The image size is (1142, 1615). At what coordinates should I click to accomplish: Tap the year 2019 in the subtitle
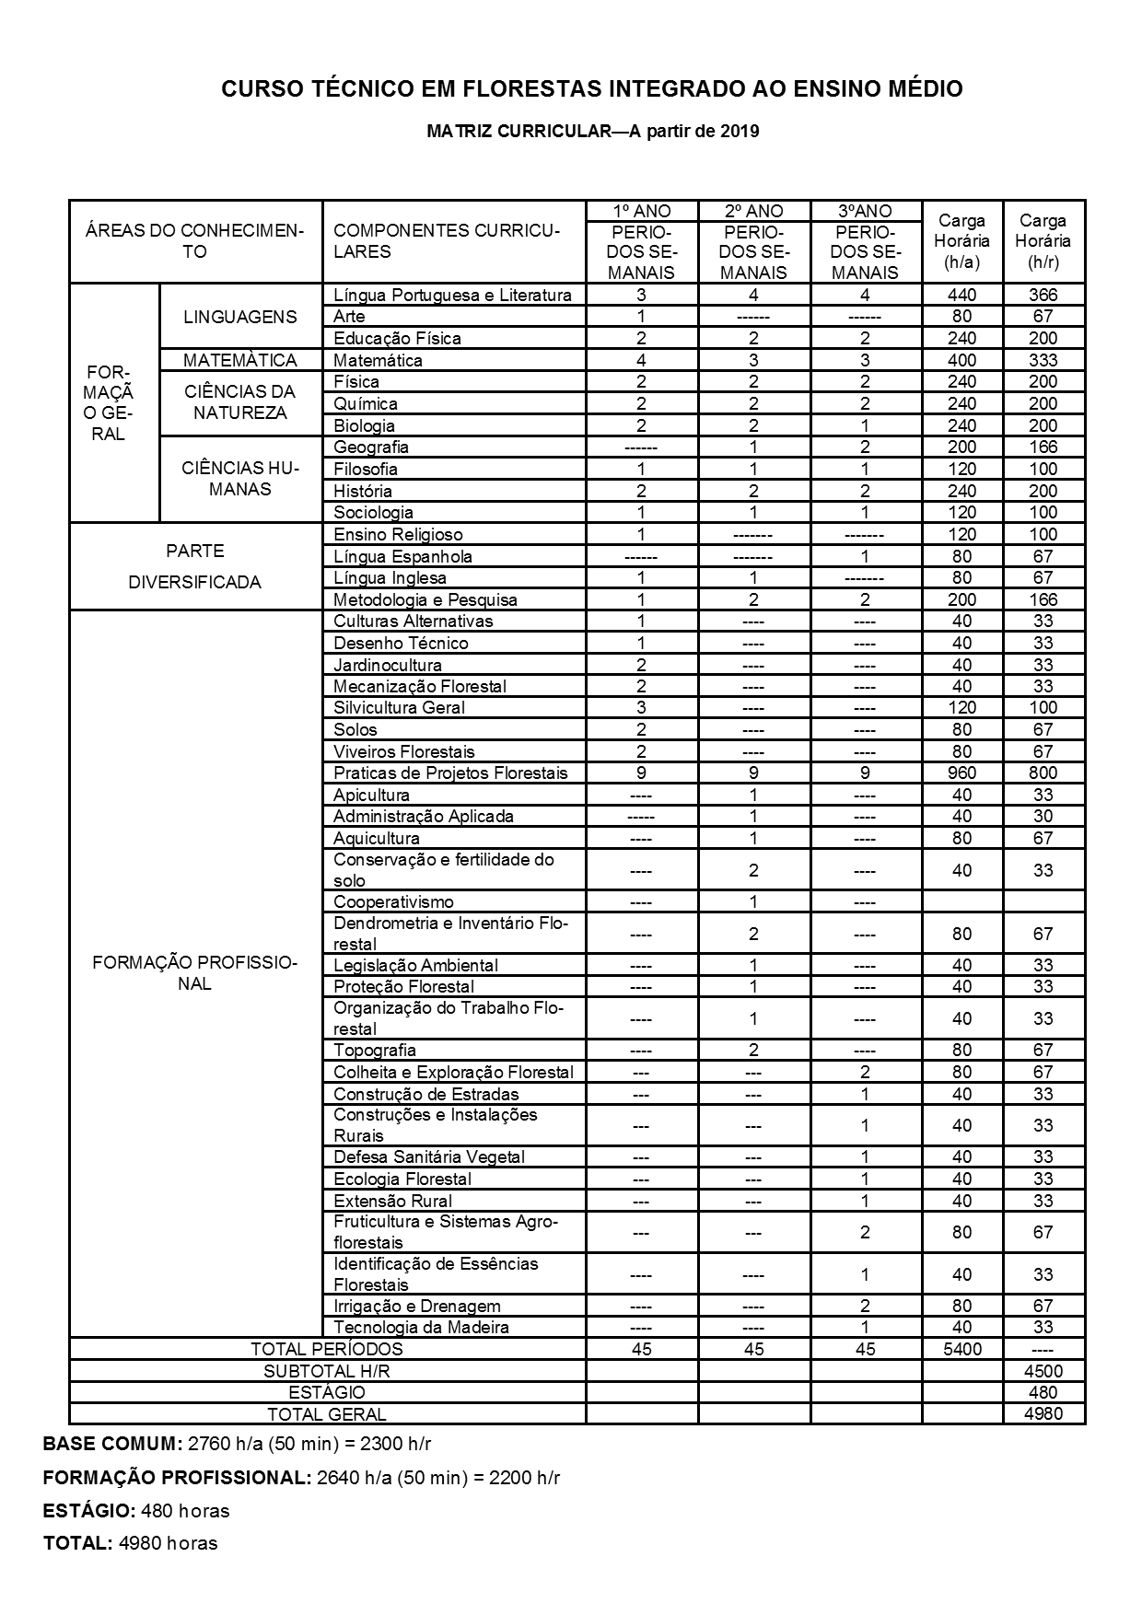pos(740,131)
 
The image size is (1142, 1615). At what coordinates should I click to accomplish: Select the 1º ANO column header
pos(642,211)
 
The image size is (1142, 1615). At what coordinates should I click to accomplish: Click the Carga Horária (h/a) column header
pos(962,241)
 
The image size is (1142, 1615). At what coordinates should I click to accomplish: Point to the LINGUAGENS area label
pos(240,317)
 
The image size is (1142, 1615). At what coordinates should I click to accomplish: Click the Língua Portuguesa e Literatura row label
pos(452,296)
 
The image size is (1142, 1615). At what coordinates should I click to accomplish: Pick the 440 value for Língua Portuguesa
pos(962,296)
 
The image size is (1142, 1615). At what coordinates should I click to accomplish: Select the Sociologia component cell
pos(373,513)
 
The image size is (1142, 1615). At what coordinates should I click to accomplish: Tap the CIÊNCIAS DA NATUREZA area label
pos(240,402)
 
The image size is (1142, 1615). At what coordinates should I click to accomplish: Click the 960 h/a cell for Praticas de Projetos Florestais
pos(962,773)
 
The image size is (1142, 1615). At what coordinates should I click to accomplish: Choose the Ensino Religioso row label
pos(398,535)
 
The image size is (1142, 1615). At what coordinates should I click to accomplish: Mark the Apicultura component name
pos(371,795)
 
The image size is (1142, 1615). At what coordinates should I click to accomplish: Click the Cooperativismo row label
pos(393,902)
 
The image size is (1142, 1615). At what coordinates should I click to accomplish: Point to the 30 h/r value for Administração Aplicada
pos(1043,817)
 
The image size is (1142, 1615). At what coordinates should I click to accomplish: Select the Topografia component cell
pos(375,1051)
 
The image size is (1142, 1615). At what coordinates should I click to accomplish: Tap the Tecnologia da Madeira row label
pos(421,1328)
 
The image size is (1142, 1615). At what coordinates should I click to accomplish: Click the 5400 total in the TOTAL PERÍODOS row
pos(962,1350)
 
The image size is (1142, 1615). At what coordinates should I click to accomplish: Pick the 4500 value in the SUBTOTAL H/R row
pos(1043,1371)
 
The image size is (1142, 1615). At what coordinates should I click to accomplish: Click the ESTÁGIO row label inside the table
pos(327,1393)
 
